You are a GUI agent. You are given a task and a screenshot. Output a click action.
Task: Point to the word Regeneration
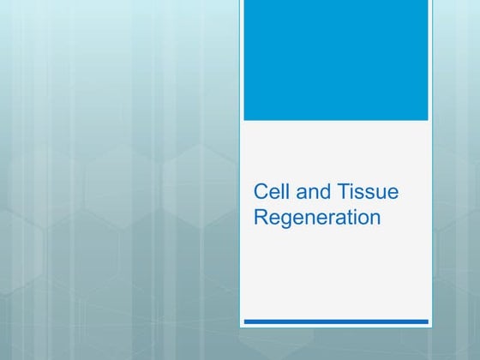pyautogui.click(x=317, y=218)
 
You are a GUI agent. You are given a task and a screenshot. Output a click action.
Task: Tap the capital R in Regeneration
pyautogui.click(x=261, y=217)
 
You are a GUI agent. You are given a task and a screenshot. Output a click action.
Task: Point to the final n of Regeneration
pyautogui.click(x=374, y=219)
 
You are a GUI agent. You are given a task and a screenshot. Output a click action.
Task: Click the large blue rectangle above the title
pyautogui.click(x=336, y=60)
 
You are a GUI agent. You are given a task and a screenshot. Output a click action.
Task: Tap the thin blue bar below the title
pyautogui.click(x=336, y=321)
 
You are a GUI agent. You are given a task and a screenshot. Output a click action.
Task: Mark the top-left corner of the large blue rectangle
pyautogui.click(x=244, y=1)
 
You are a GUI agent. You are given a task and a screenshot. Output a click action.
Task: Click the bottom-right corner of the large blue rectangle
pyautogui.click(x=427, y=119)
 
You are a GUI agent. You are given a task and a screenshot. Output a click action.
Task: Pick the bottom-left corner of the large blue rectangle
pyautogui.click(x=244, y=119)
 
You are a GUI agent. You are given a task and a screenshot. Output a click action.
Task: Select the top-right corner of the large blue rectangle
pyautogui.click(x=427, y=1)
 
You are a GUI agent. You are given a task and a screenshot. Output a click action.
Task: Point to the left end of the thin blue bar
pyautogui.click(x=245, y=321)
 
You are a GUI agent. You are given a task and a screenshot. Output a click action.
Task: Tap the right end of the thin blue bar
pyautogui.click(x=427, y=321)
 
